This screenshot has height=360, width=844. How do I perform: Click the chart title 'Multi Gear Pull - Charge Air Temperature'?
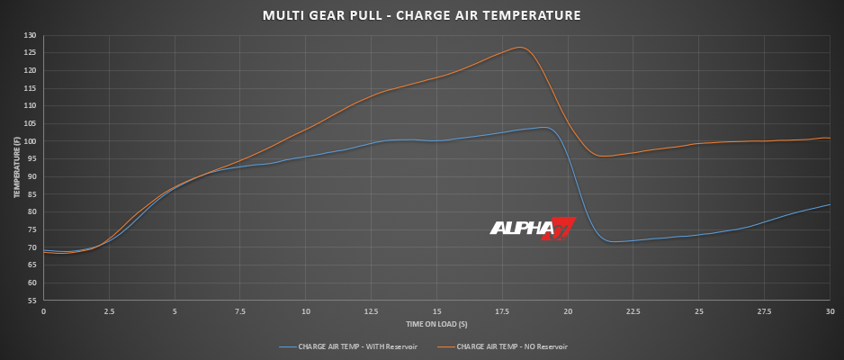(421, 15)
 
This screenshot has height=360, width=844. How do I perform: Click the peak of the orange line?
(520, 47)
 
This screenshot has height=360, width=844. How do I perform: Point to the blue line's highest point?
(543, 127)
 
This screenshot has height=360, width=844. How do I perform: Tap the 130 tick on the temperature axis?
(31, 35)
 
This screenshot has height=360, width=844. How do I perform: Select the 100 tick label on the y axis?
(31, 141)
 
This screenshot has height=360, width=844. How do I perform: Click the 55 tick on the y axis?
(31, 301)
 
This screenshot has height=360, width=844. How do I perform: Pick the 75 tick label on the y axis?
(31, 229)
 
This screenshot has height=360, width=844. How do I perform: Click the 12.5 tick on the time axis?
(371, 311)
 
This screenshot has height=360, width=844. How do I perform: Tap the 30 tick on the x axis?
(829, 311)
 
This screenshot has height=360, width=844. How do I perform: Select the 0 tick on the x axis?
(43, 311)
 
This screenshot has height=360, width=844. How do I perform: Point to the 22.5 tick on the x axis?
(633, 311)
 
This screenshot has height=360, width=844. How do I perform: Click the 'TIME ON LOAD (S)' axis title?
(435, 322)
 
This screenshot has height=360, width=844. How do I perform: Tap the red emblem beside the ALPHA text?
(562, 229)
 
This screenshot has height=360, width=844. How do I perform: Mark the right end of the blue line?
(829, 205)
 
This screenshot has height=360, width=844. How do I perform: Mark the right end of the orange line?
(829, 138)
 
